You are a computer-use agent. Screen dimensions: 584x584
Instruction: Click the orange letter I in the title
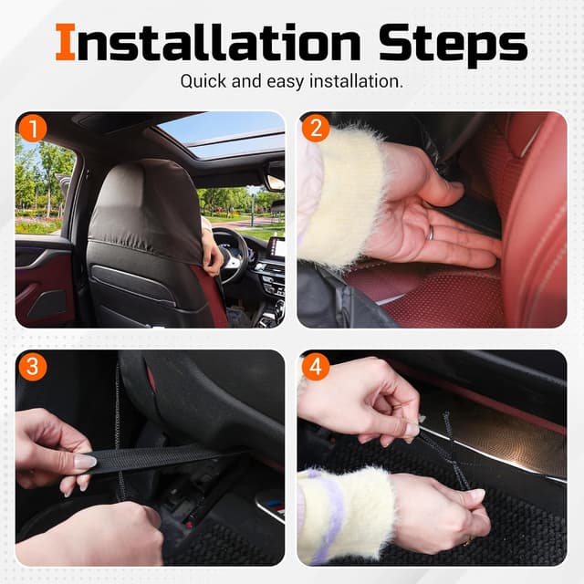66,42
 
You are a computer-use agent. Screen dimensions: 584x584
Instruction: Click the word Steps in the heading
453,45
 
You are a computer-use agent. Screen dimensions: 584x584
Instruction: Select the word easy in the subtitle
286,82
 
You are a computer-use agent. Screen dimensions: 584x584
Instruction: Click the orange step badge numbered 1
33,129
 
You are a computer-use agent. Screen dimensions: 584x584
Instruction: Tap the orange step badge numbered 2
316,129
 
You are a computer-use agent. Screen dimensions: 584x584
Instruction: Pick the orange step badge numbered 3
33,367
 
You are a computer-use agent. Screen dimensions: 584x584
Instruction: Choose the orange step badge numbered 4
316,367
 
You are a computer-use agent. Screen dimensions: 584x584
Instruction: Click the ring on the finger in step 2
431,233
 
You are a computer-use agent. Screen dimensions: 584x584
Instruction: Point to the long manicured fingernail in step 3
86,462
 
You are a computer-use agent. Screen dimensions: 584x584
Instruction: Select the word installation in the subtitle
356,81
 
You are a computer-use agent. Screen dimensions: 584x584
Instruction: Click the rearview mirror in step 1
276,182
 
